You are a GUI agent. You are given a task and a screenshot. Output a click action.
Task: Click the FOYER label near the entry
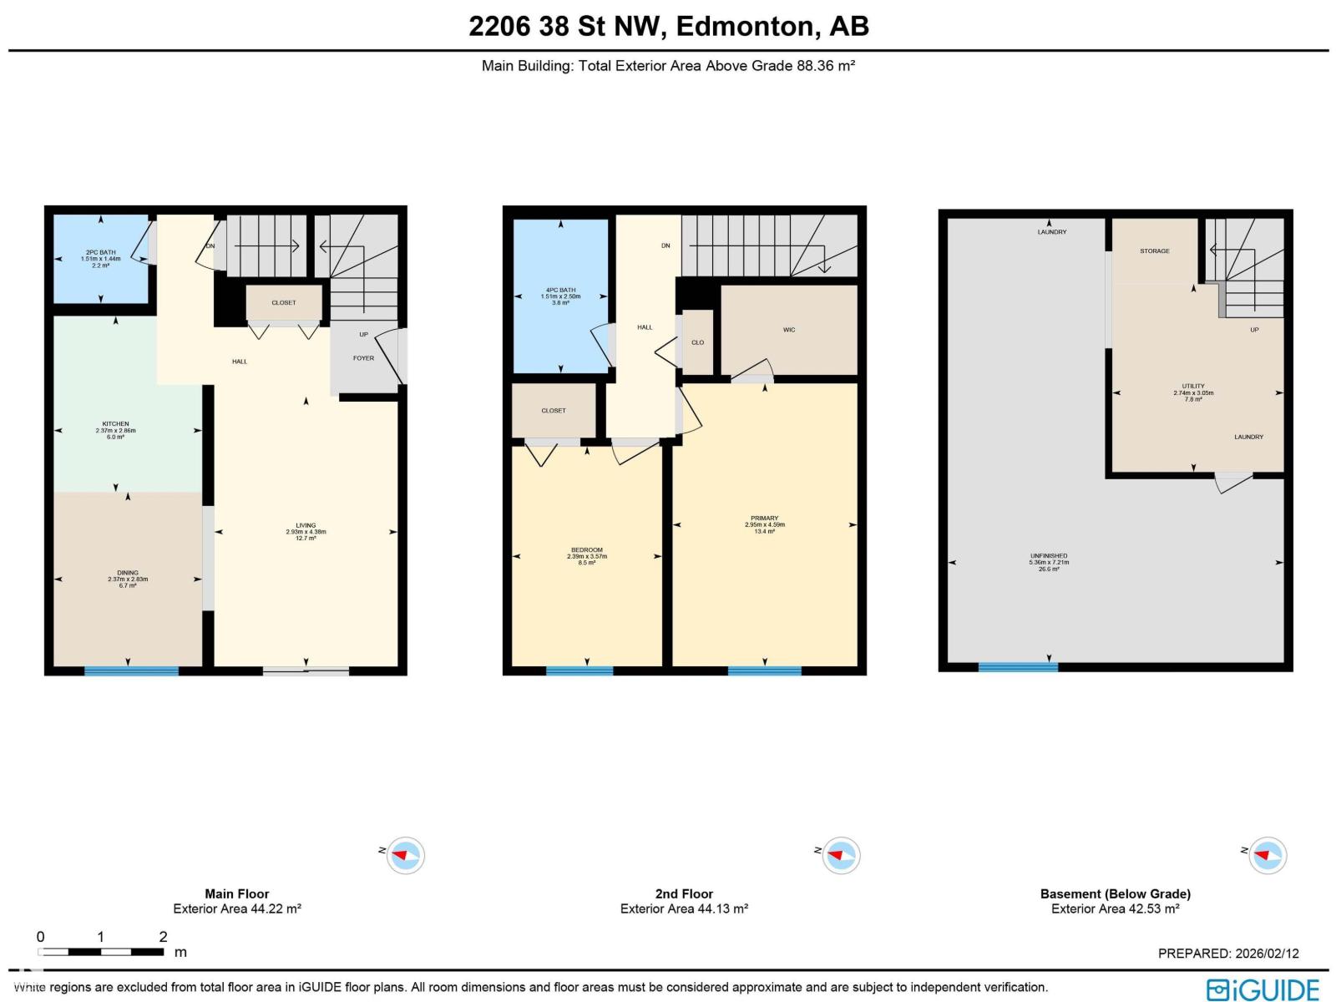[x=363, y=358]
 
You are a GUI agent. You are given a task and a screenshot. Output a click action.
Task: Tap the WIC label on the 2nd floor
[x=789, y=330]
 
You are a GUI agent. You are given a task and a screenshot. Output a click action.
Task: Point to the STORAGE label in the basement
[x=1155, y=251]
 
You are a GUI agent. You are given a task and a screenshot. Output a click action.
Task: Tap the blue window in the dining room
[x=131, y=671]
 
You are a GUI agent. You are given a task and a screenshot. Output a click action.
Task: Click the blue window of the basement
[x=1018, y=667]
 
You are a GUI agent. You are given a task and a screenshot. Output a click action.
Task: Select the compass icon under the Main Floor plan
[x=406, y=855]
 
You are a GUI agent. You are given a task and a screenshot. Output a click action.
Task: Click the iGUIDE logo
[x=1263, y=989]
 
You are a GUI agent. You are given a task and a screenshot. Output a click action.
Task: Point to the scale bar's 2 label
[x=163, y=937]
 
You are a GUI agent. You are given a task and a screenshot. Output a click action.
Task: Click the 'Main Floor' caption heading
[x=237, y=893]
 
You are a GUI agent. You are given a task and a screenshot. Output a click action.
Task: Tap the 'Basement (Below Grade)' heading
[x=1115, y=893]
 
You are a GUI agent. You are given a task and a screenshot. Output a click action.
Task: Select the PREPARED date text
[x=1228, y=954]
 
